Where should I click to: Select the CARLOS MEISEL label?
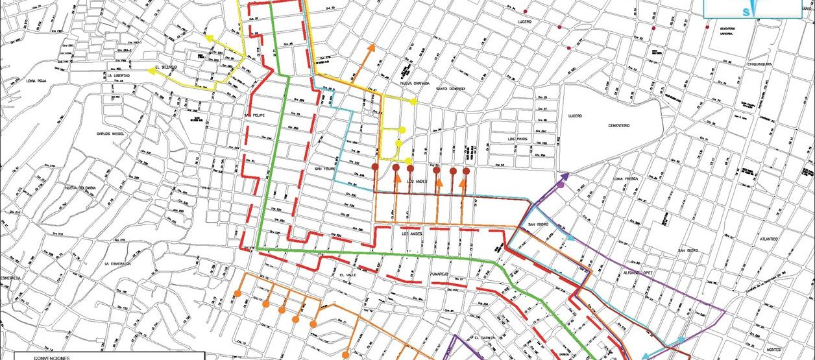tap(110, 134)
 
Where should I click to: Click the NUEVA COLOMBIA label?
tap(80, 188)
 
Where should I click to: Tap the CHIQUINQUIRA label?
tap(751, 64)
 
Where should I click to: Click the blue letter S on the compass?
tap(746, 11)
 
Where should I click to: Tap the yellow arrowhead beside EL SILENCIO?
tap(151, 69)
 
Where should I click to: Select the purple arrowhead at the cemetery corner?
tap(564, 176)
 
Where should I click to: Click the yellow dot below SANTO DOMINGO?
tap(413, 102)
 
